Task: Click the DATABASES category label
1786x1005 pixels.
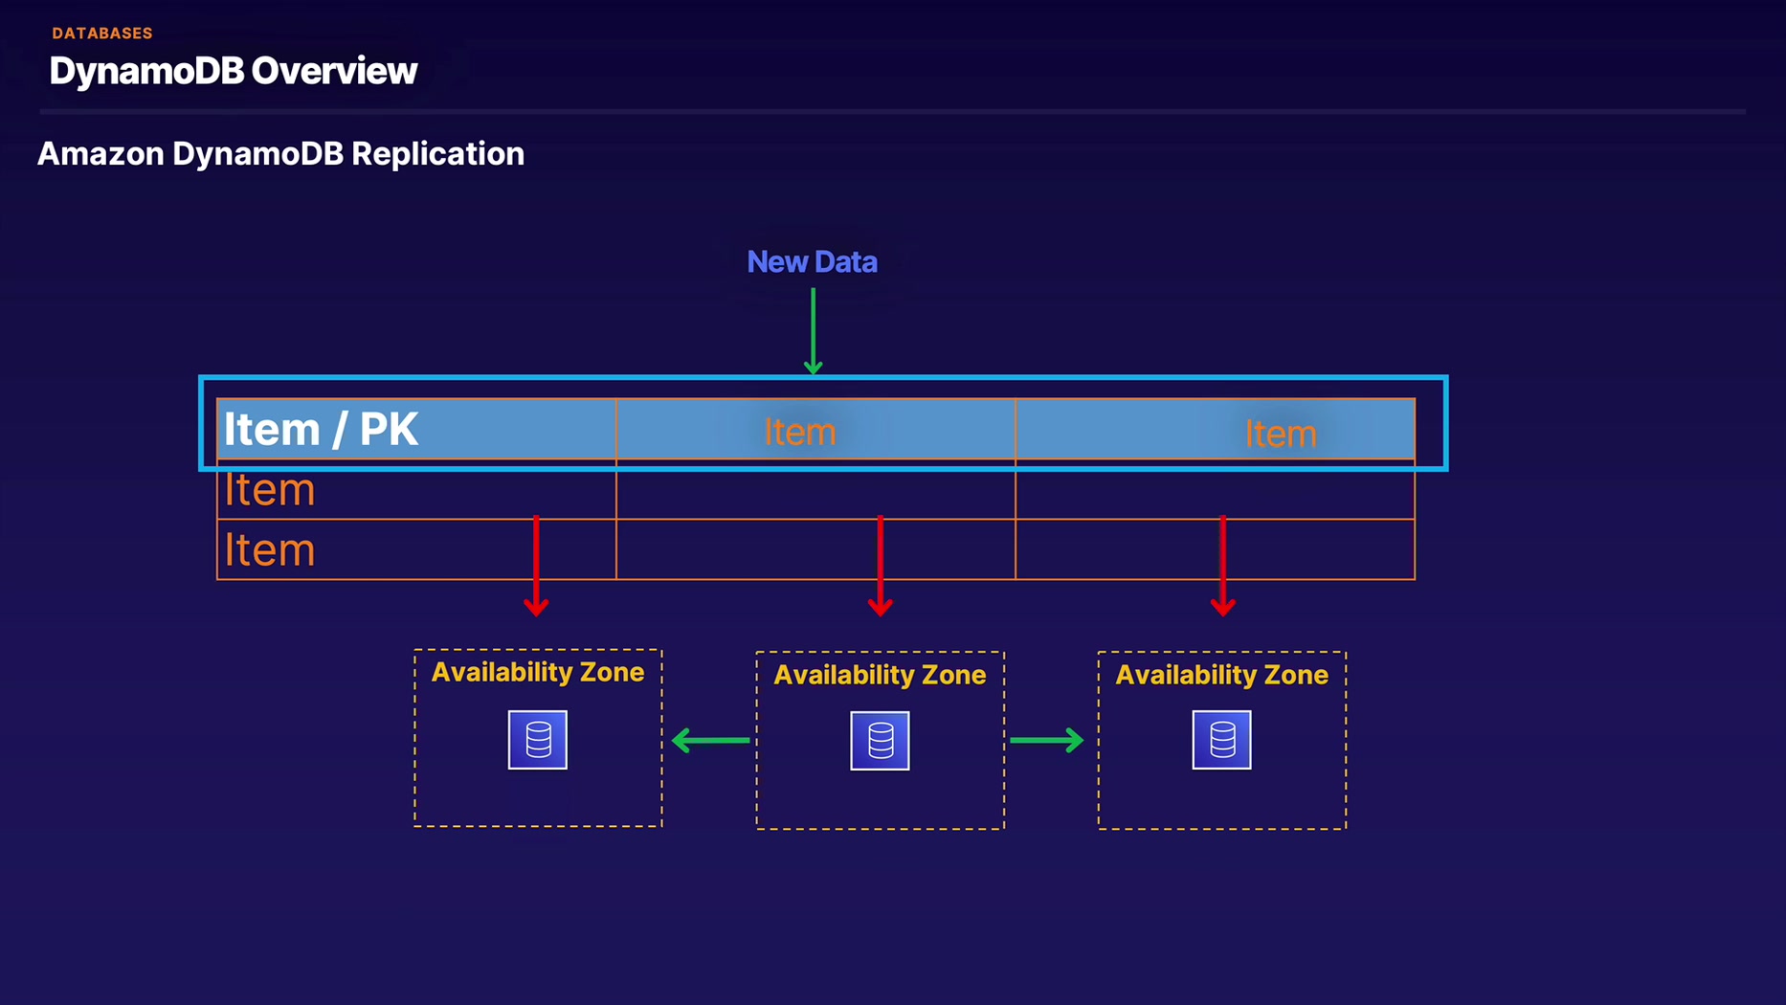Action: pyautogui.click(x=102, y=33)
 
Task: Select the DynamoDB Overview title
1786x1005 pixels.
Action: pyautogui.click(x=233, y=71)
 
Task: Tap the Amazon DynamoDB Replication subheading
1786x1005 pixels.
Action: pyautogui.click(x=280, y=154)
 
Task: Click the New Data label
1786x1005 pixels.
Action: pyautogui.click(x=812, y=262)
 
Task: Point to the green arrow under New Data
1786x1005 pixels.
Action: pyautogui.click(x=813, y=330)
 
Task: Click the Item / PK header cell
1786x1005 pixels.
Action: pyautogui.click(x=321, y=429)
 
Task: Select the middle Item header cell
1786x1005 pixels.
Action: pyautogui.click(x=799, y=432)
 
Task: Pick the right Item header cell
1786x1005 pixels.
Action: pyautogui.click(x=1280, y=434)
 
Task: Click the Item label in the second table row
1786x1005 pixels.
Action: pyautogui.click(x=269, y=490)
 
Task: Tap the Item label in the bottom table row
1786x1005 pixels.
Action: pyautogui.click(x=269, y=550)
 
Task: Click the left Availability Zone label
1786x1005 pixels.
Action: pyautogui.click(x=537, y=672)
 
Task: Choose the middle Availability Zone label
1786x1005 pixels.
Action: pyautogui.click(x=880, y=675)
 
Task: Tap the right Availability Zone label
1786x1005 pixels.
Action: pyautogui.click(x=1221, y=675)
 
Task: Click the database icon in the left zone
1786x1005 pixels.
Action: pyautogui.click(x=538, y=739)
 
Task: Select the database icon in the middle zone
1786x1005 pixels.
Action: pyautogui.click(x=880, y=740)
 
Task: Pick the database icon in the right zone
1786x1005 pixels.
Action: pyautogui.click(x=1221, y=739)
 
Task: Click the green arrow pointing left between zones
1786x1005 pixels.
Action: pyautogui.click(x=710, y=740)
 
